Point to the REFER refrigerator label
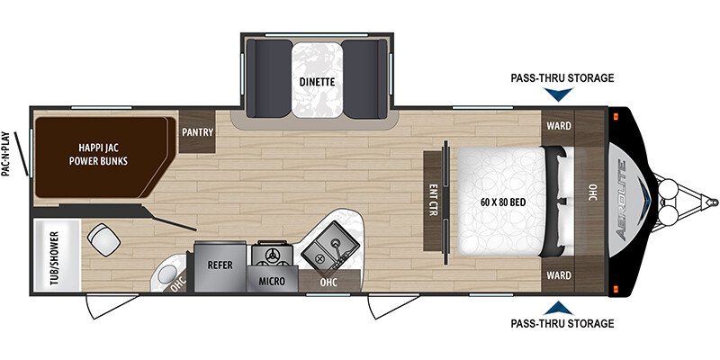coord(220,265)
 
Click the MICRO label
coord(274,280)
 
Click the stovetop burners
coord(273,255)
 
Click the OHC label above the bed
coord(593,193)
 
